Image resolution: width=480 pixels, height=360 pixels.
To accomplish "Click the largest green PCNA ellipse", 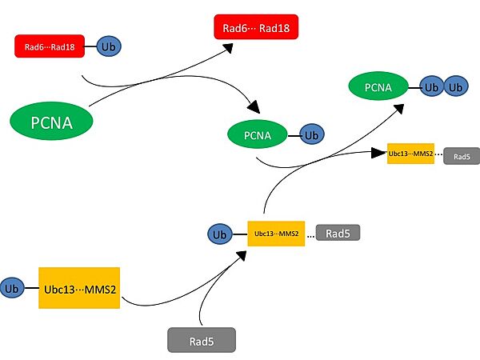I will coord(52,122).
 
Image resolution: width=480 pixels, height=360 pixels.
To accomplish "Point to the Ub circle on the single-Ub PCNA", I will coord(311,135).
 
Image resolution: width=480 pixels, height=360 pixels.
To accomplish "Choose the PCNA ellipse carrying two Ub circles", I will coord(377,86).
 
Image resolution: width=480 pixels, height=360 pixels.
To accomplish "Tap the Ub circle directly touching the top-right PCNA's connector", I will coord(432,86).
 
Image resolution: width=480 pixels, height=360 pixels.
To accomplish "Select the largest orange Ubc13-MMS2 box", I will coord(78,288).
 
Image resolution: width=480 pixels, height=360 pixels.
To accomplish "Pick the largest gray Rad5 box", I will coord(202,339).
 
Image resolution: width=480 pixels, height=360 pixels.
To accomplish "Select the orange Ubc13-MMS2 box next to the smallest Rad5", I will coord(410,153).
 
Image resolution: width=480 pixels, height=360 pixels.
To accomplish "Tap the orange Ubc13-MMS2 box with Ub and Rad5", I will coord(276,234).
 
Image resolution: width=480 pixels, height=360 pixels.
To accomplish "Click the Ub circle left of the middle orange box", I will coord(218,234).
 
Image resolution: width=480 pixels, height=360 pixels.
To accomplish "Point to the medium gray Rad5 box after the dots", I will coord(338,233).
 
